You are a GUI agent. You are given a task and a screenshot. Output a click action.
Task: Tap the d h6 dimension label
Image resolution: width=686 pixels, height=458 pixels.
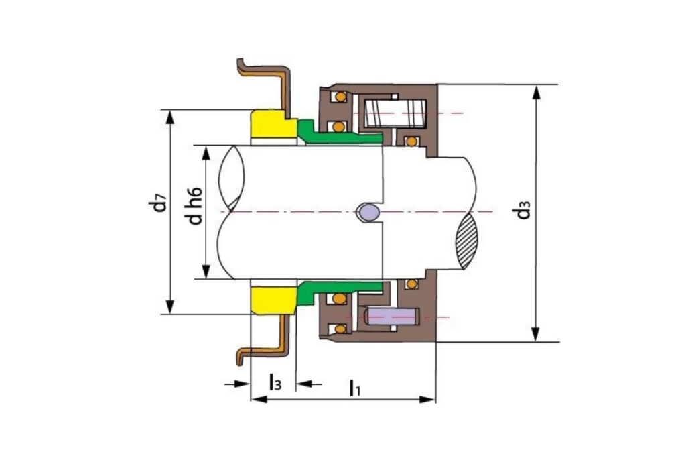pyautogui.click(x=196, y=206)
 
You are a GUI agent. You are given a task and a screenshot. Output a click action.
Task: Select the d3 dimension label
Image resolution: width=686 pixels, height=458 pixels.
pyautogui.click(x=523, y=210)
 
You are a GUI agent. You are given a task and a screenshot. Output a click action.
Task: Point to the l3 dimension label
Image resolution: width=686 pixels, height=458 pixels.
pyautogui.click(x=275, y=382)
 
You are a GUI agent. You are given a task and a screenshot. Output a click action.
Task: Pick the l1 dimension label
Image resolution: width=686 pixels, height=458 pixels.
pyautogui.click(x=354, y=388)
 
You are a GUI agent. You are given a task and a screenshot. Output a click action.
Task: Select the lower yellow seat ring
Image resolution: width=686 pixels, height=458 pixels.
pyautogui.click(x=273, y=300)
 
